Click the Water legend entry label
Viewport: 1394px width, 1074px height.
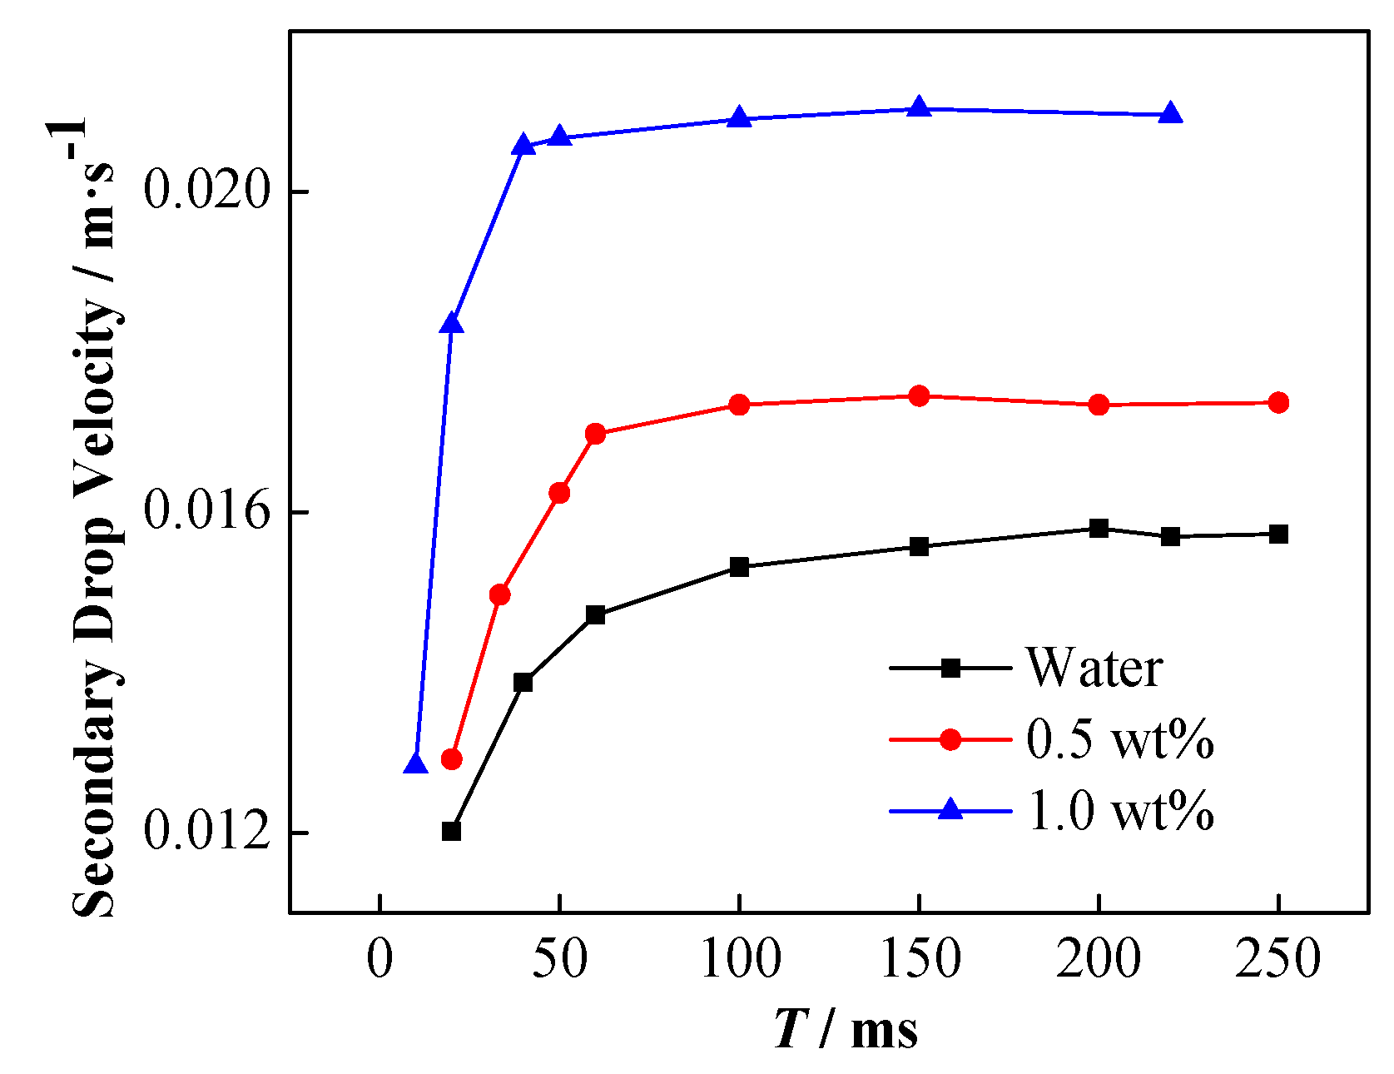1094,668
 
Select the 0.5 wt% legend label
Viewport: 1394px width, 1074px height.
1119,738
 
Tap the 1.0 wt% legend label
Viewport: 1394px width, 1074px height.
1120,810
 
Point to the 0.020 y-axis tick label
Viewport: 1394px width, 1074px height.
208,190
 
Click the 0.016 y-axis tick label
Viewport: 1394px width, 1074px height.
208,510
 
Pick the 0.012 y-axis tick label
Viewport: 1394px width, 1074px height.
208,831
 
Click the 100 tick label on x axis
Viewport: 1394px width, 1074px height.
740,959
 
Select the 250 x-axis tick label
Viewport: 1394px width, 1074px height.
1278,959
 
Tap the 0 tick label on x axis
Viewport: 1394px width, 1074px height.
380,959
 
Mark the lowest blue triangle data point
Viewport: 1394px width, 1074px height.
415,763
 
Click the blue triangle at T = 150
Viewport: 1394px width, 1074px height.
919,107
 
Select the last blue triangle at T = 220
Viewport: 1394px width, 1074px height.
1171,113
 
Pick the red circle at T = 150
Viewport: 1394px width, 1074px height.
919,395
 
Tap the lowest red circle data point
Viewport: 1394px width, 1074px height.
451,758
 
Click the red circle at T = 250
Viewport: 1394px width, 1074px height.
1279,403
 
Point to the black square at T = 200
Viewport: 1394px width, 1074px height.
1099,528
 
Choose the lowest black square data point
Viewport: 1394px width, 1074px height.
451,831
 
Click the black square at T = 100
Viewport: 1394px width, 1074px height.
739,567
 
